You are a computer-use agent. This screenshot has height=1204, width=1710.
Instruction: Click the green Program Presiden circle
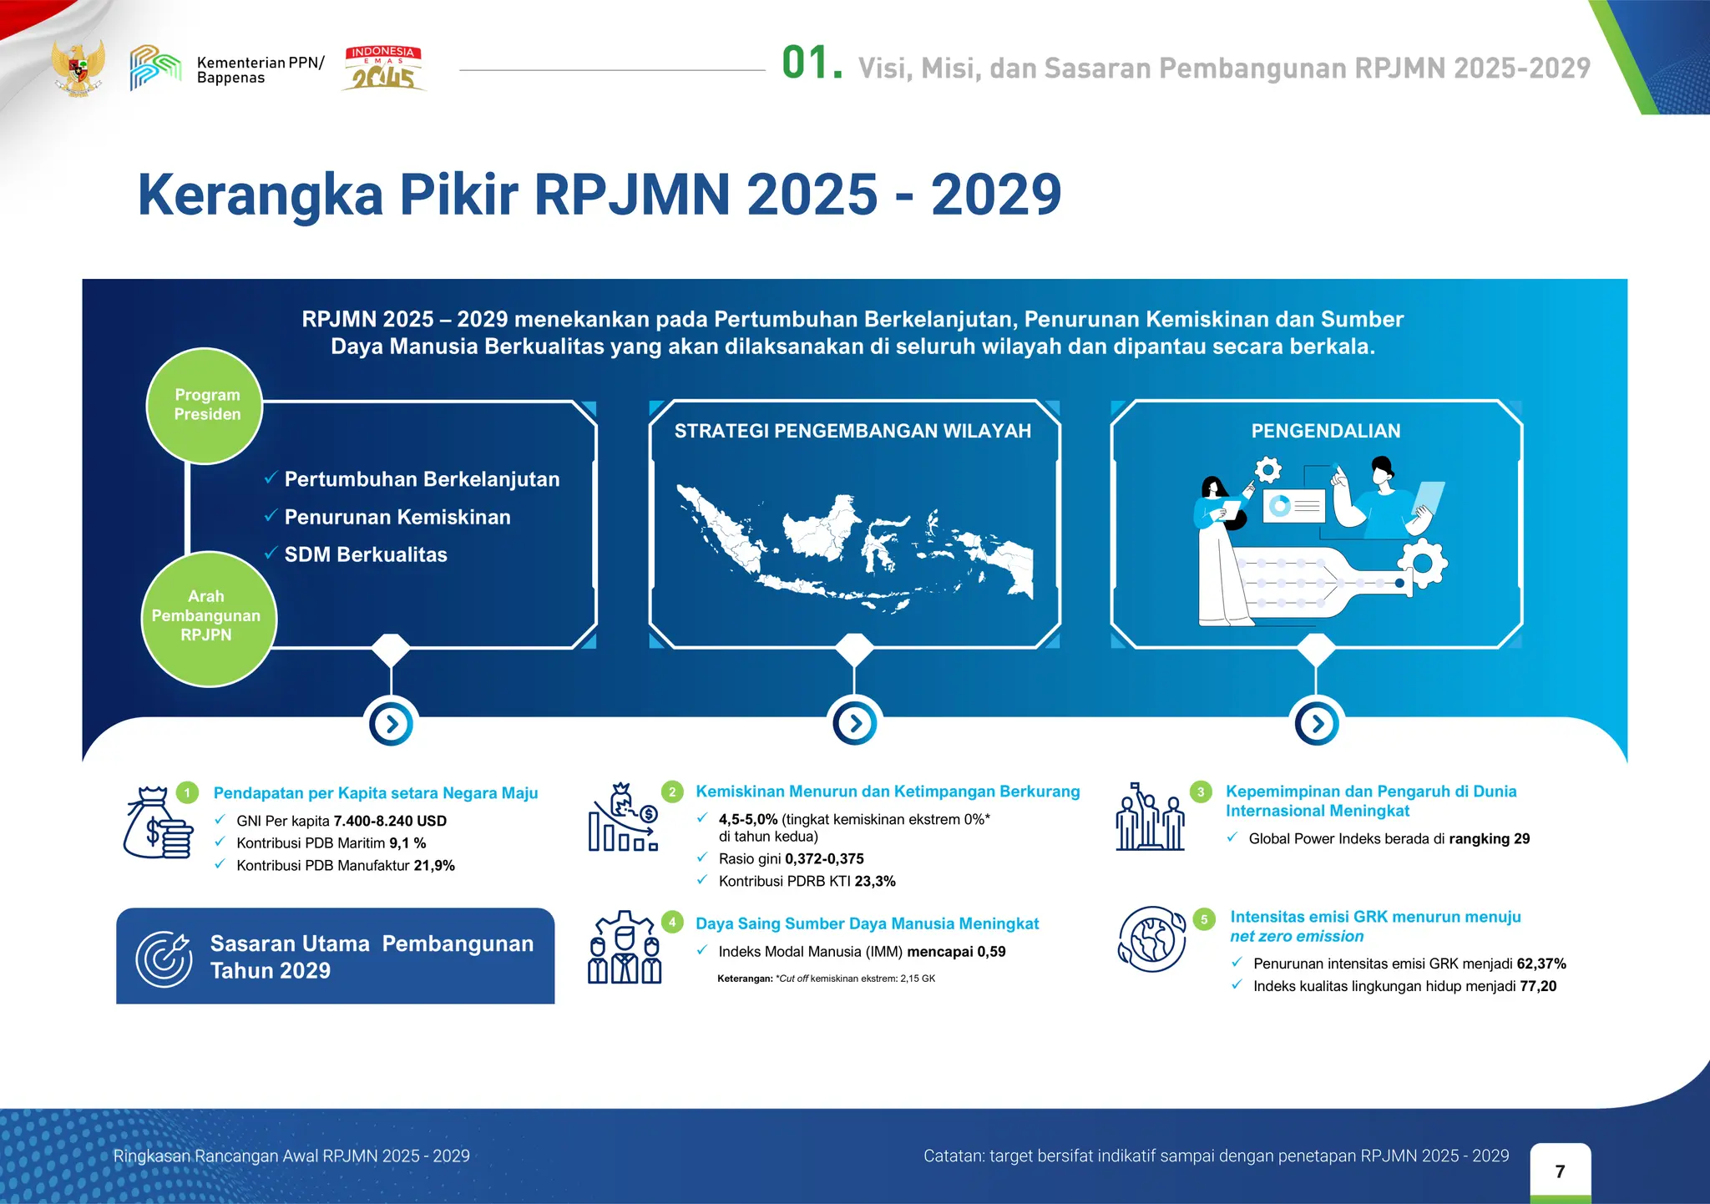205,405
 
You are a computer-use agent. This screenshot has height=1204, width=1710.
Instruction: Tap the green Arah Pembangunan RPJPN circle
208,618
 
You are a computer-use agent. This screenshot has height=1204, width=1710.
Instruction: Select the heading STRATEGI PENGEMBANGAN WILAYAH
852,431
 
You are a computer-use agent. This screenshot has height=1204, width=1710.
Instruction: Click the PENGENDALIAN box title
1325,431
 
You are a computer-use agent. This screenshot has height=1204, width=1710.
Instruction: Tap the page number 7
1560,1171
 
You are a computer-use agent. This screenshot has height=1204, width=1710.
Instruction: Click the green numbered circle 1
188,792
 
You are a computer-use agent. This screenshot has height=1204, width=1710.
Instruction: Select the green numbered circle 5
1203,919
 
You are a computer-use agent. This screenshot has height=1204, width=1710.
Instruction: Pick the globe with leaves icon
1152,939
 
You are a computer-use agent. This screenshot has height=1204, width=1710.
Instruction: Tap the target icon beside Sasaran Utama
164,958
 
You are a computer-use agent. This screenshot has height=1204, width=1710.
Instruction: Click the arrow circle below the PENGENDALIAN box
1317,723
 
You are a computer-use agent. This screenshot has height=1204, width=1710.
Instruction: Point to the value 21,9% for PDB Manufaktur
434,866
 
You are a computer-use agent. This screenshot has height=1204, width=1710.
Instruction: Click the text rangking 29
1490,839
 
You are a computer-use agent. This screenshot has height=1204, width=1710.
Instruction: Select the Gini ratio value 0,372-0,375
824,858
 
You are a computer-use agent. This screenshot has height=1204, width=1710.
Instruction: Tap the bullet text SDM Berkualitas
366,554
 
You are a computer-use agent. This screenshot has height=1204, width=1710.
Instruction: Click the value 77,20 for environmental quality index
1538,986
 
